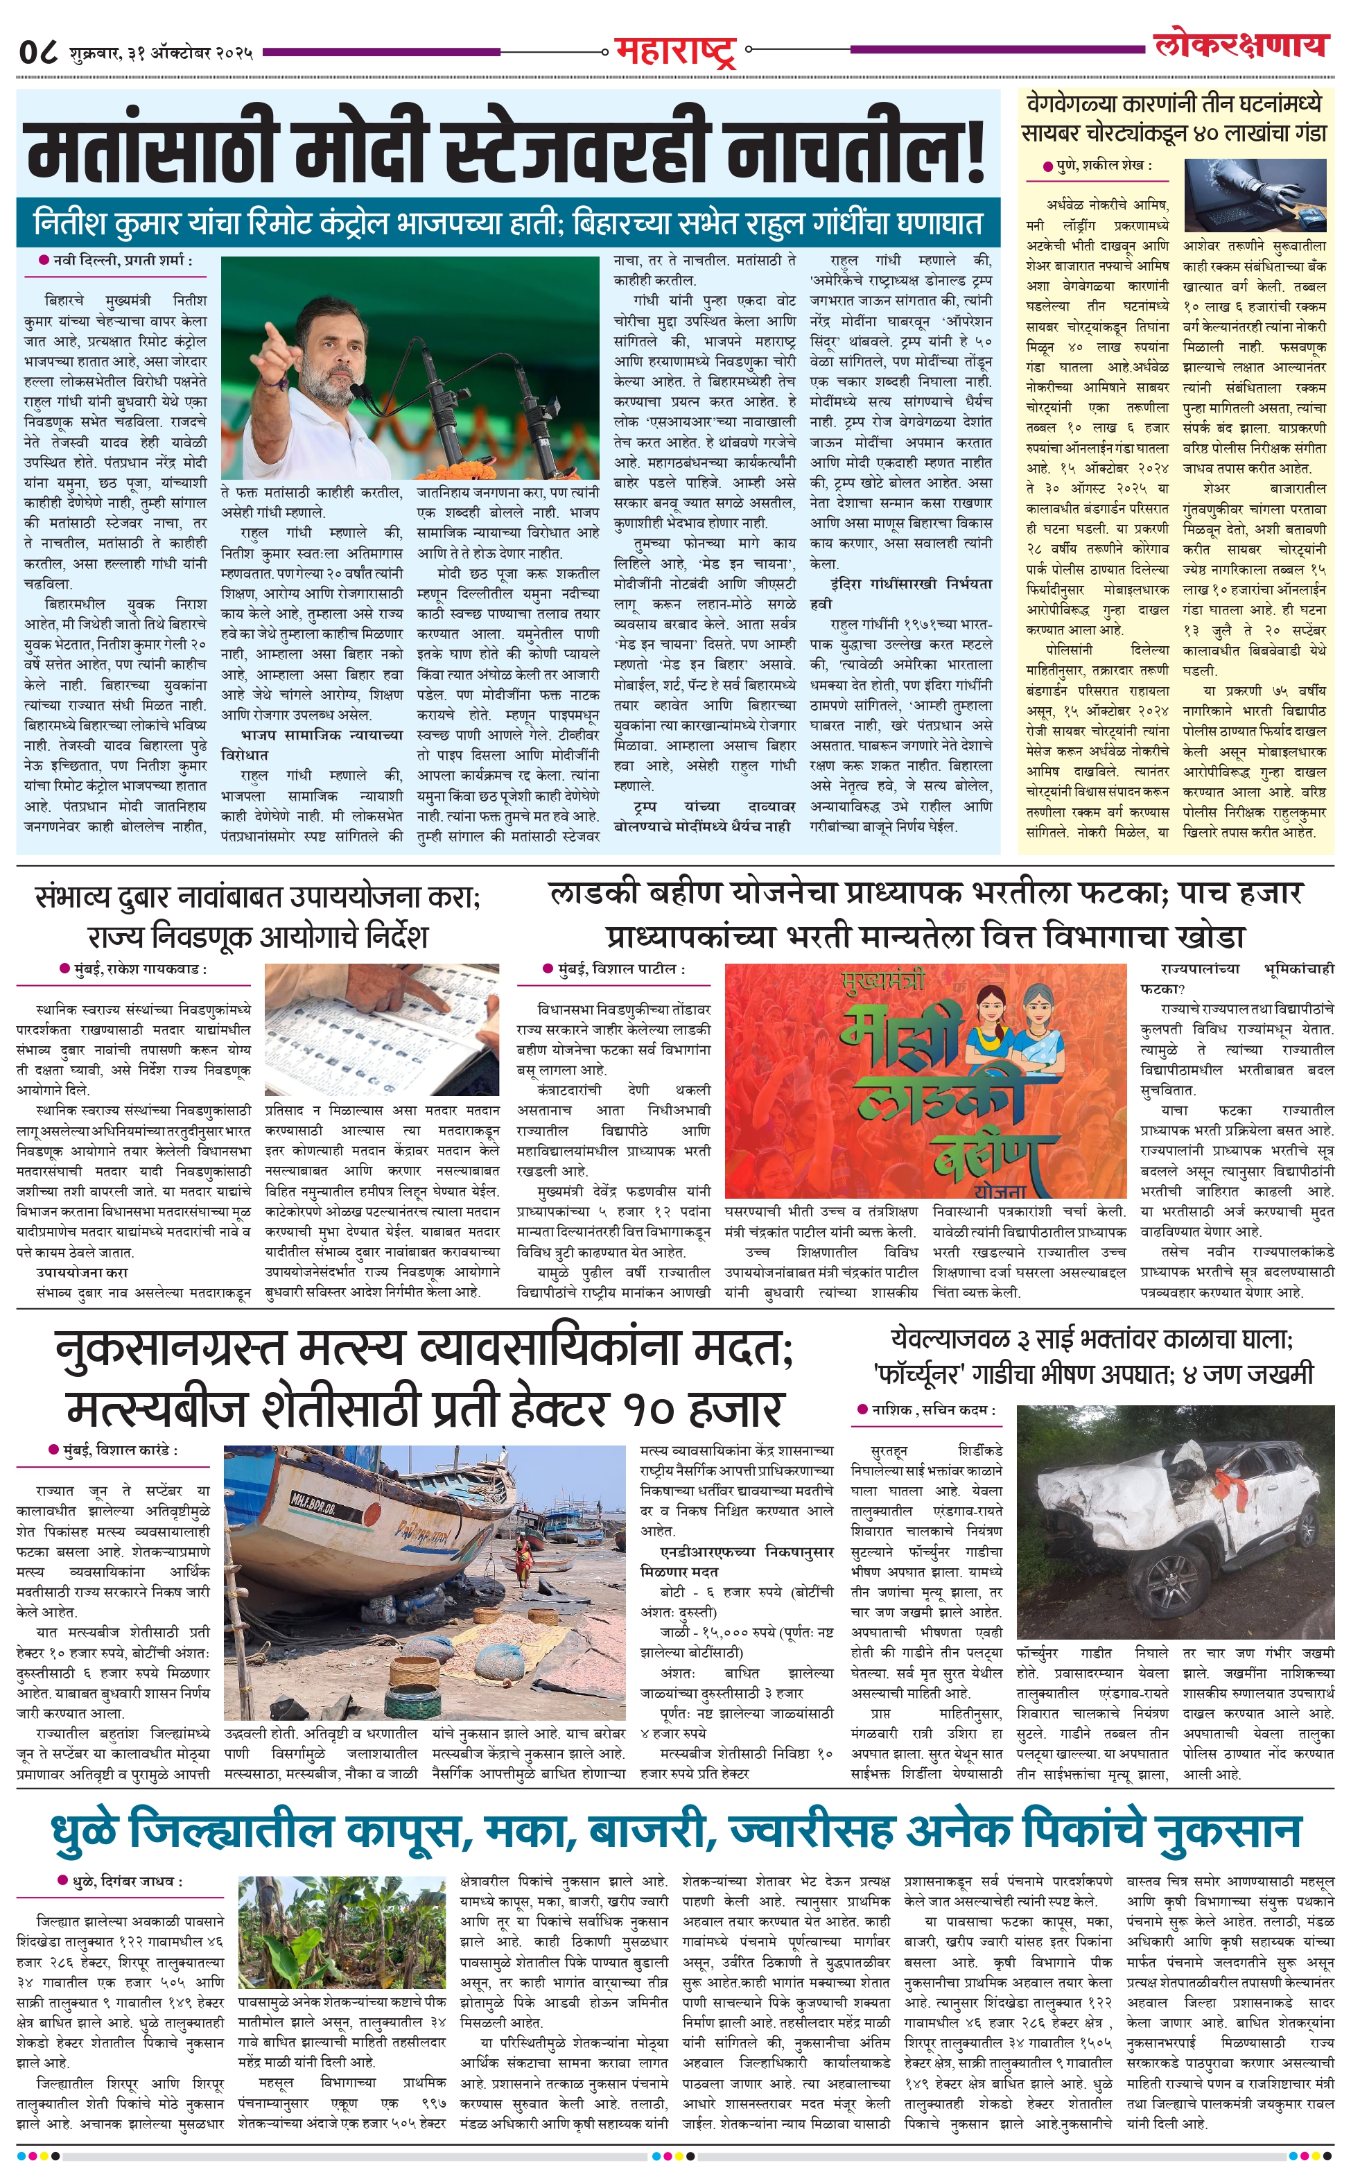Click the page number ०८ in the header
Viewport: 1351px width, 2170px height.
tap(38, 52)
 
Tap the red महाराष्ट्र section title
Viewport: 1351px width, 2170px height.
tap(675, 51)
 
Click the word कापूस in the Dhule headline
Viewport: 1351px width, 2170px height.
tap(407, 1832)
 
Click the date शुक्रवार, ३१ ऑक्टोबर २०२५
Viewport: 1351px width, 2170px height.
tap(157, 53)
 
